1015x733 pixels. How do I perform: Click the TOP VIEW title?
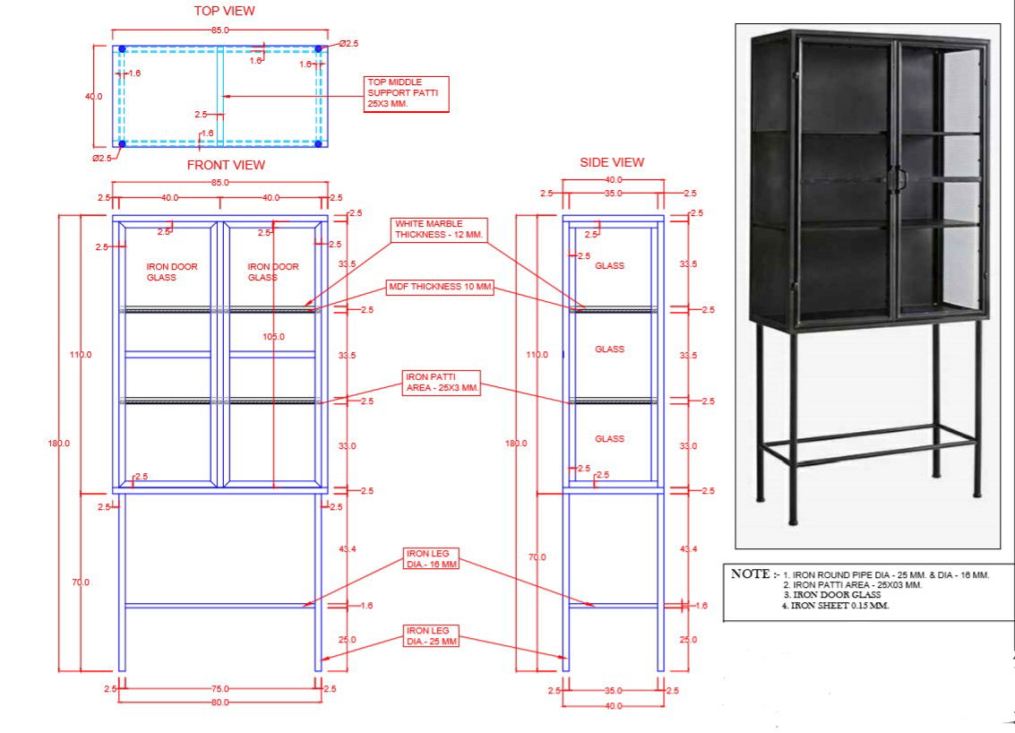pos(224,11)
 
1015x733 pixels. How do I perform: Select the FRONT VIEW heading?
pos(226,165)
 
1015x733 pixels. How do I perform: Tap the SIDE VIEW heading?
pos(612,162)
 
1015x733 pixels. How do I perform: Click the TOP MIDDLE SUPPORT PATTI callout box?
pos(406,94)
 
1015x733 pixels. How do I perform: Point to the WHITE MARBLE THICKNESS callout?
pos(440,229)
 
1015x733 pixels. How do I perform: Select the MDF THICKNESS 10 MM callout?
pos(440,287)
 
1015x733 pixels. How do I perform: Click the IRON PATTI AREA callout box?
pos(442,382)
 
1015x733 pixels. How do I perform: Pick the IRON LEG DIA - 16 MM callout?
pos(432,559)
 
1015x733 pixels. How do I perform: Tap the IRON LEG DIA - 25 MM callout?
pos(432,635)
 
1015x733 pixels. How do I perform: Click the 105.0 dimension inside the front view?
pos(273,337)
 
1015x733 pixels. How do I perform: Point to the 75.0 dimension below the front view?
pos(219,688)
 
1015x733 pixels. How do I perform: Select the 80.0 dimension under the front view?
pos(219,703)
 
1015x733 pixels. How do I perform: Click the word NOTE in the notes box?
pos(750,573)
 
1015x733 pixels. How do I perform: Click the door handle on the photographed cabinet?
pos(898,177)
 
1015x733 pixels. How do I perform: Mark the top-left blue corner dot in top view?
pos(122,49)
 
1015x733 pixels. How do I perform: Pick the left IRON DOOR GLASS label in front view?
pos(172,272)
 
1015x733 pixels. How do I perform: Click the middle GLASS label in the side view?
pos(609,349)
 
